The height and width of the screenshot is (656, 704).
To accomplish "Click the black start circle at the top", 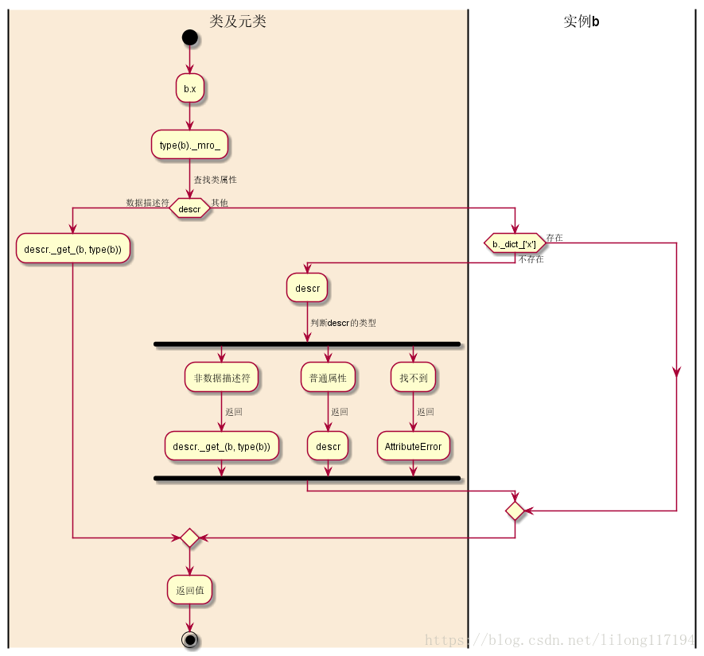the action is (189, 37).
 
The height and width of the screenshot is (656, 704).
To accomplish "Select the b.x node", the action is (189, 88).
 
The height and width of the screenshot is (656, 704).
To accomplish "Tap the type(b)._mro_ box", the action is (189, 145).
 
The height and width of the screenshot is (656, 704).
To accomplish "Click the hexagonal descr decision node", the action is (189, 208).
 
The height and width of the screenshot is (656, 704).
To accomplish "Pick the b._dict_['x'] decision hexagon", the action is (515, 243).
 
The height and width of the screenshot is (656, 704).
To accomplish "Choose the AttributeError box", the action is (413, 446).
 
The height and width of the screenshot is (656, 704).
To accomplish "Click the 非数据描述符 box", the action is (221, 378).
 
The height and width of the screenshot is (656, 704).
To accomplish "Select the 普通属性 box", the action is (328, 378).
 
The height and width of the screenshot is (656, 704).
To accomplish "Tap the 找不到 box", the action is (413, 378).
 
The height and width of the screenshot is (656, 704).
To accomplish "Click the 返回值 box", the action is (189, 589).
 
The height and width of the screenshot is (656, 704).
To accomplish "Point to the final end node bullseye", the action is (189, 639).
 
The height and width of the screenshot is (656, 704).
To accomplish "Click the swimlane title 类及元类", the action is (238, 21).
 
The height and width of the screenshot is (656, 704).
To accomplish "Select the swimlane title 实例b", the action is (581, 21).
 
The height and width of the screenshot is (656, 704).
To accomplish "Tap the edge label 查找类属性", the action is (215, 180).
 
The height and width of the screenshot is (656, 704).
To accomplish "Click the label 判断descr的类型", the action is (343, 323).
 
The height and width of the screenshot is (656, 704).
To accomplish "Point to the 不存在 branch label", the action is (531, 259).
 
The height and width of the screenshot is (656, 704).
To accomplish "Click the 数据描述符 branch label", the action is (147, 202).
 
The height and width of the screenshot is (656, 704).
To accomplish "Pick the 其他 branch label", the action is (220, 203).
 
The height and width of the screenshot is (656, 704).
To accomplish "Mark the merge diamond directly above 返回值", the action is (189, 538).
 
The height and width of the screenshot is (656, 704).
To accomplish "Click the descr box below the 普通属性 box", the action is (328, 446).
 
